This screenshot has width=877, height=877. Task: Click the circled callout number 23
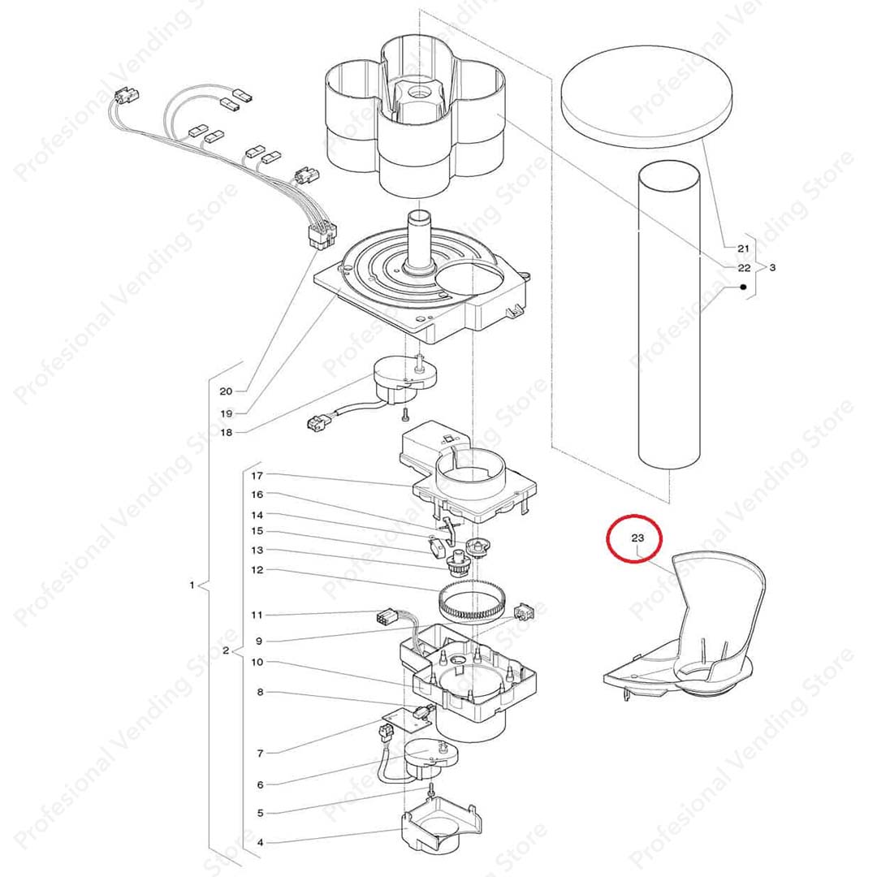(637, 538)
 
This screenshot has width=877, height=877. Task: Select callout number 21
(743, 248)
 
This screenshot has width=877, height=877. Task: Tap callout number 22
(744, 268)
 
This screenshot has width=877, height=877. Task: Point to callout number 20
(226, 391)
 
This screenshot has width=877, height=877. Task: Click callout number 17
(257, 476)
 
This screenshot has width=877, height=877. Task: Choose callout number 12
(257, 571)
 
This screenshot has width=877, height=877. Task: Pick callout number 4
(260, 842)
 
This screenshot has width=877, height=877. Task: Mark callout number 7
(260, 754)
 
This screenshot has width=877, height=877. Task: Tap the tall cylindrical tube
(669, 314)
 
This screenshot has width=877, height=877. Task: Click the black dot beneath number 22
(743, 287)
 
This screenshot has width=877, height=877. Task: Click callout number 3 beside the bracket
(772, 268)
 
